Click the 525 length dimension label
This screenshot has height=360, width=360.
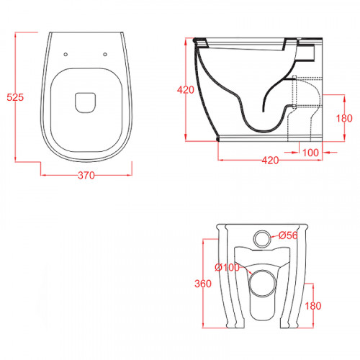coord(15,97)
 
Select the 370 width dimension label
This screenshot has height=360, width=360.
coord(86,176)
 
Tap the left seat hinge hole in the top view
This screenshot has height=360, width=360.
coord(66,55)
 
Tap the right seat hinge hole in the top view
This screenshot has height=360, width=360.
coord(105,55)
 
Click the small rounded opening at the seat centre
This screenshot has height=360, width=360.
coord(86,102)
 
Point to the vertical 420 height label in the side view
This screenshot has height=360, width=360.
coord(186,90)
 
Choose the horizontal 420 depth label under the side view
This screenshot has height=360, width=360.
coord(270,160)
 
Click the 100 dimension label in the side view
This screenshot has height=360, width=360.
coord(310,153)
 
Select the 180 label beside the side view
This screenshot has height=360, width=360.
coord(344,118)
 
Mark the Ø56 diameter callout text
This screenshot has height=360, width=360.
coord(288,235)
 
